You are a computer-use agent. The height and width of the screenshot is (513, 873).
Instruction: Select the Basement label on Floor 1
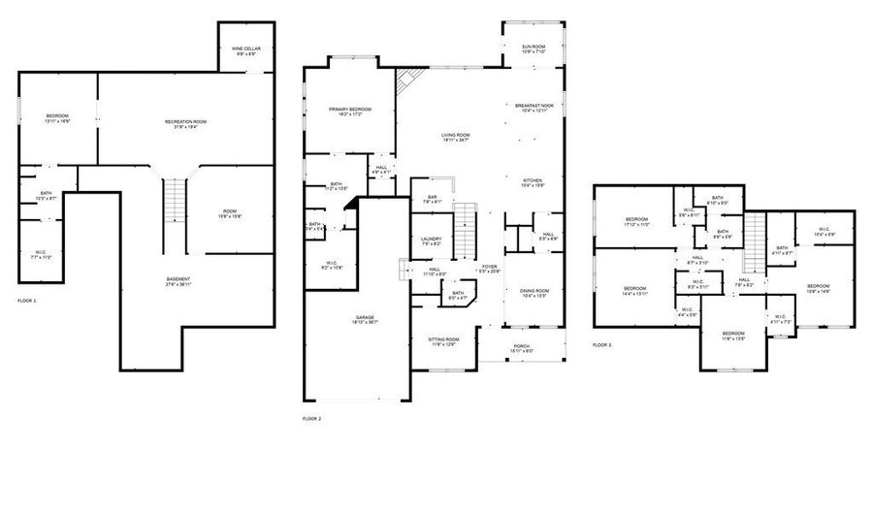point(177,281)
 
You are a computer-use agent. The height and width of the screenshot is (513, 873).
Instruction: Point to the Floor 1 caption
point(27,302)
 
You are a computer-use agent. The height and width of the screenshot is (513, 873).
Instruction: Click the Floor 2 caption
point(311,418)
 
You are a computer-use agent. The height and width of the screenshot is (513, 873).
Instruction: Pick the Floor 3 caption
point(602,344)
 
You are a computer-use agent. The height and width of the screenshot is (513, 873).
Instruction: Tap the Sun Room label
point(533,48)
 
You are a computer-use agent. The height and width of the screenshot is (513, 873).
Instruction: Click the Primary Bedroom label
point(349,112)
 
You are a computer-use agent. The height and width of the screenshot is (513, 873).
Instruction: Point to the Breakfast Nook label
point(534,107)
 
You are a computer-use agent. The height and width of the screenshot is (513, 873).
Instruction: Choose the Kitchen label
point(533,182)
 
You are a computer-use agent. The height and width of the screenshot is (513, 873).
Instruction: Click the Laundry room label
point(432,242)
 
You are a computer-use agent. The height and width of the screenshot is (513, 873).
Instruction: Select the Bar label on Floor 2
point(432,199)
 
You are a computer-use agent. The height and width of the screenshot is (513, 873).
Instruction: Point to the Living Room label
point(456,137)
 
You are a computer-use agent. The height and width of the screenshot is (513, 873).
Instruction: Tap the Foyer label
point(489,269)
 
